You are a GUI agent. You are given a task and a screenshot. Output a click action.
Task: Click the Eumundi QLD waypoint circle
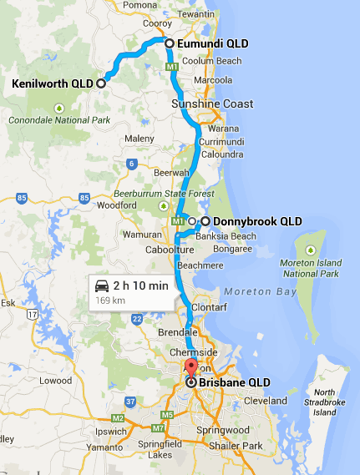169,43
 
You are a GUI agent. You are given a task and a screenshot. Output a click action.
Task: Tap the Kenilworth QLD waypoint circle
101,83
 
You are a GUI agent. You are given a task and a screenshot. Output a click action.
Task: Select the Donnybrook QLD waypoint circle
205,221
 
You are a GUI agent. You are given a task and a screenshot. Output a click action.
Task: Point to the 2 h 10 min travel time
141,286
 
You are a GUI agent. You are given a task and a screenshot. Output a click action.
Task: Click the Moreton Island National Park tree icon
310,249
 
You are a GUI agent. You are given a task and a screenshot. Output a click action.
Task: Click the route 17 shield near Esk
31,313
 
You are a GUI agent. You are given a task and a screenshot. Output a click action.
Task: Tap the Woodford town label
116,205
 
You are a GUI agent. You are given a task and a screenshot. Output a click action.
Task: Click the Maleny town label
139,139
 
